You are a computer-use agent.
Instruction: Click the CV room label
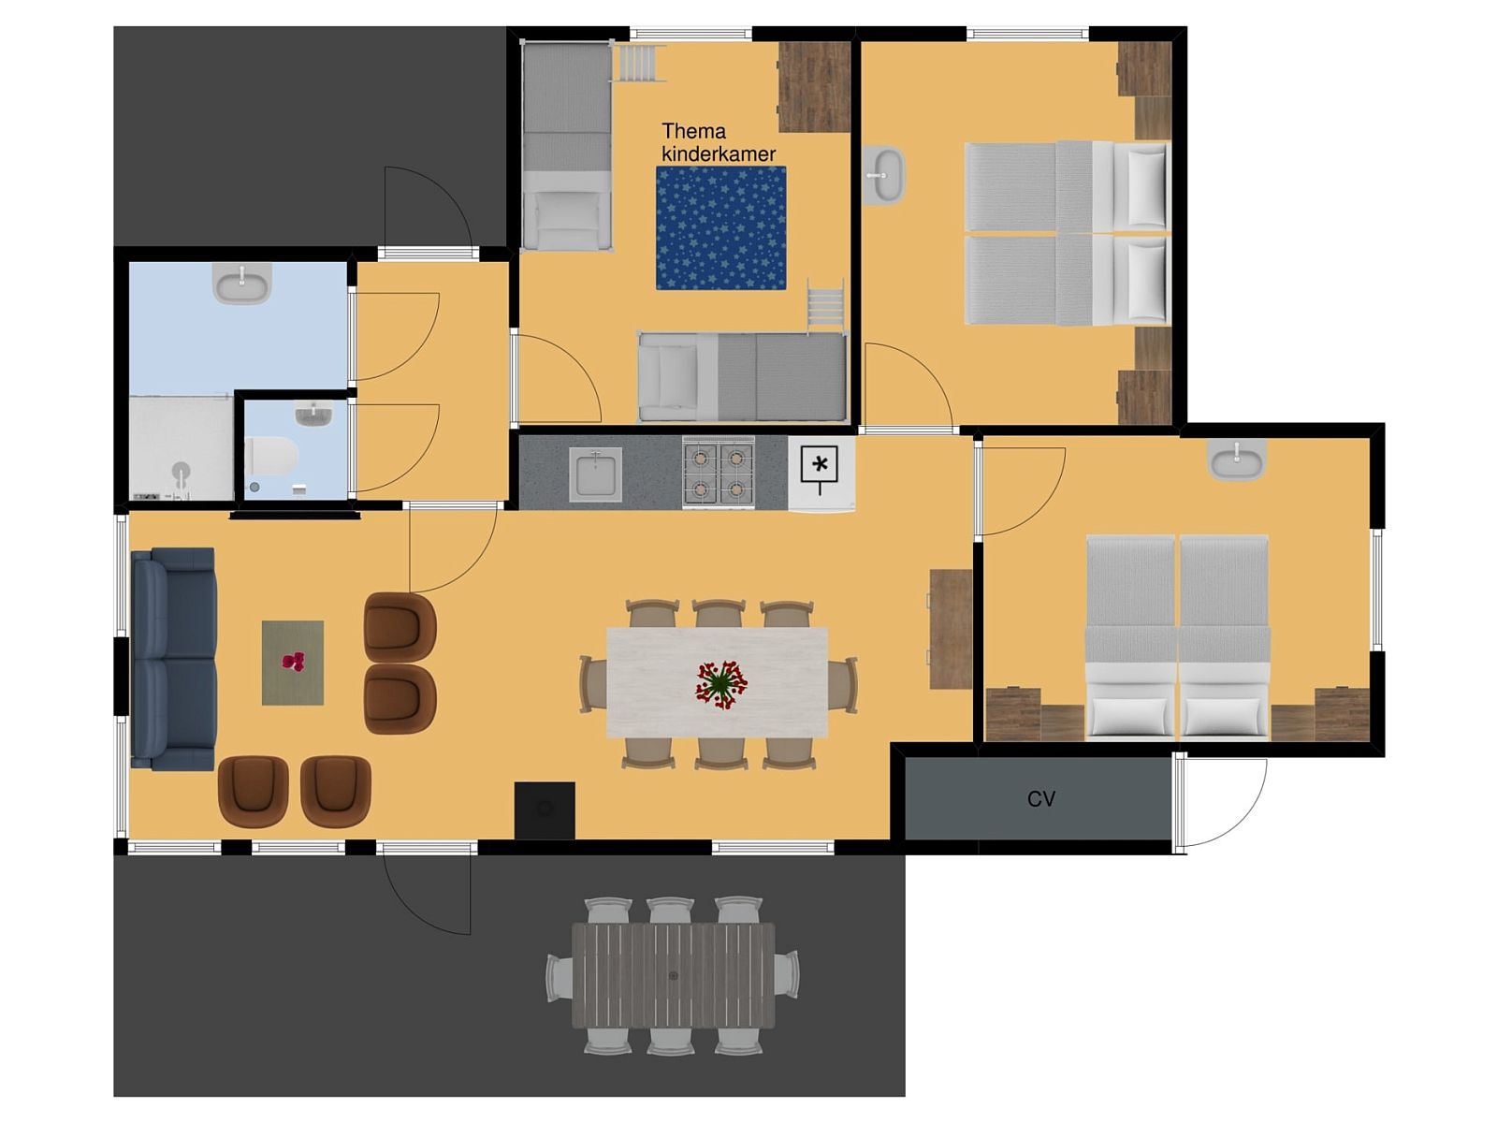click(1040, 798)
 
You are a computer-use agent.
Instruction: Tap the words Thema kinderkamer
click(719, 142)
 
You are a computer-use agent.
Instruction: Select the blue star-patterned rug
click(720, 227)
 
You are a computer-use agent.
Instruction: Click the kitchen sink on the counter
click(595, 474)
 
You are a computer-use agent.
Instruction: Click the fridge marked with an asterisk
click(821, 474)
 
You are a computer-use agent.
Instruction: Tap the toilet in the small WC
click(270, 456)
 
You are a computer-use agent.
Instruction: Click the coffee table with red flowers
click(293, 662)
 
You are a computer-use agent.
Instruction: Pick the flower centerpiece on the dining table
click(720, 682)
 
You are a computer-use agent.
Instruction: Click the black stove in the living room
click(545, 810)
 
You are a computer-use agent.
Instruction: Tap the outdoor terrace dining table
click(673, 975)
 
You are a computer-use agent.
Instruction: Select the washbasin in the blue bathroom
click(241, 283)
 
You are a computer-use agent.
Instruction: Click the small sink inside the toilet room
click(313, 414)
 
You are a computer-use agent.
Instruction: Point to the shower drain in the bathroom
click(180, 470)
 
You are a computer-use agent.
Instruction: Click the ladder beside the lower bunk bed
click(825, 306)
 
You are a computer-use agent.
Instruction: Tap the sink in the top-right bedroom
click(884, 175)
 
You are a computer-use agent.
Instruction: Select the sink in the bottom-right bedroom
click(1236, 459)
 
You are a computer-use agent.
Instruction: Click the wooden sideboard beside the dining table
click(951, 629)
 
